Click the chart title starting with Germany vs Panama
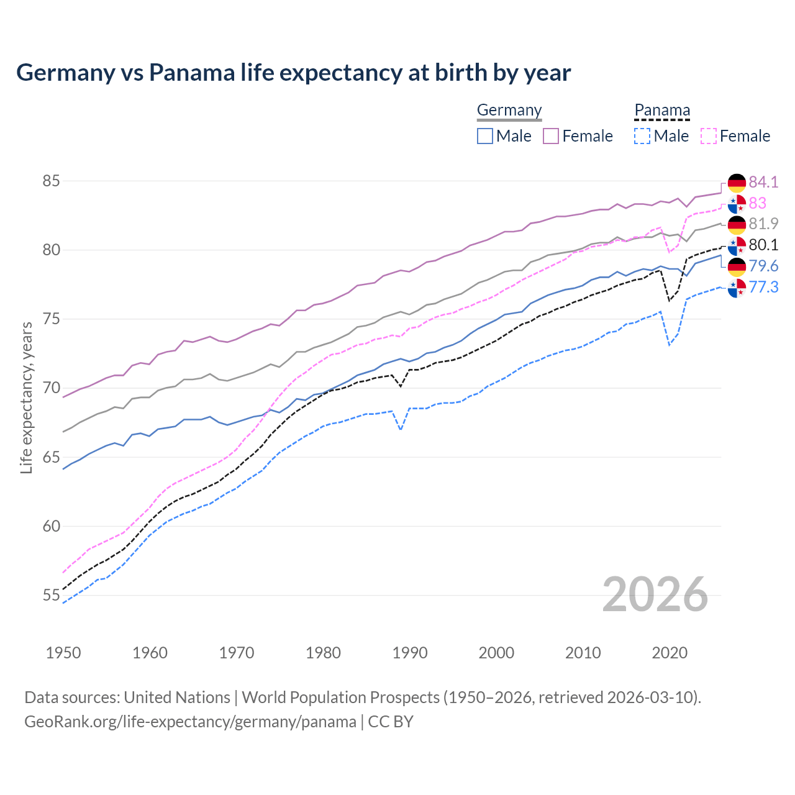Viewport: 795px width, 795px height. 293,73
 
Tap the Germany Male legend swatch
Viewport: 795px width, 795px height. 485,136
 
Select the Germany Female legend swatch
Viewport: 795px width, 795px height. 551,136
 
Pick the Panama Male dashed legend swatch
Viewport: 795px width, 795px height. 642,136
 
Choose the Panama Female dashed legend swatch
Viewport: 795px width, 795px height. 709,136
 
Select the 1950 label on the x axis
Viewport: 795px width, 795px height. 63,653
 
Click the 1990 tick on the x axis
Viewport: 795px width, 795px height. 410,653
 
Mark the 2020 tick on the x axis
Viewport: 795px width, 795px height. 670,653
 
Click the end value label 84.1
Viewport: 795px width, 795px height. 763,182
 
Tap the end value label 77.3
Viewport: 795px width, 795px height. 763,287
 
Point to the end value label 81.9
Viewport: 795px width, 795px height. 763,224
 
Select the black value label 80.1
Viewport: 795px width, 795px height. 763,245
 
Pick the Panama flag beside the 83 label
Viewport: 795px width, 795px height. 737,204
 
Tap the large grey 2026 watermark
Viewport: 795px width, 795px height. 655,594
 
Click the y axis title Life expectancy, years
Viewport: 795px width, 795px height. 27,397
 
